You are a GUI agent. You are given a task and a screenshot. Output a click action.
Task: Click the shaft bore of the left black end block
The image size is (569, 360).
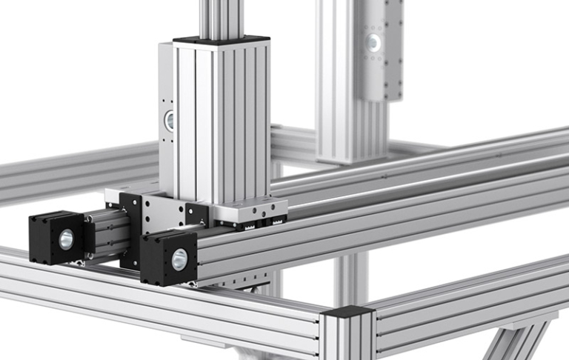tap(66, 238)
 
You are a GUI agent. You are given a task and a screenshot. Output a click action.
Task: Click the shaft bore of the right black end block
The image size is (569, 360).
tap(179, 259)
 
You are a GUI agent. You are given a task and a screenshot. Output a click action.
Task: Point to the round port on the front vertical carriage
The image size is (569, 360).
tap(170, 120)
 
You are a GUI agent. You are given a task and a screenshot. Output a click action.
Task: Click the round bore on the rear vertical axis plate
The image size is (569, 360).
tap(374, 43)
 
